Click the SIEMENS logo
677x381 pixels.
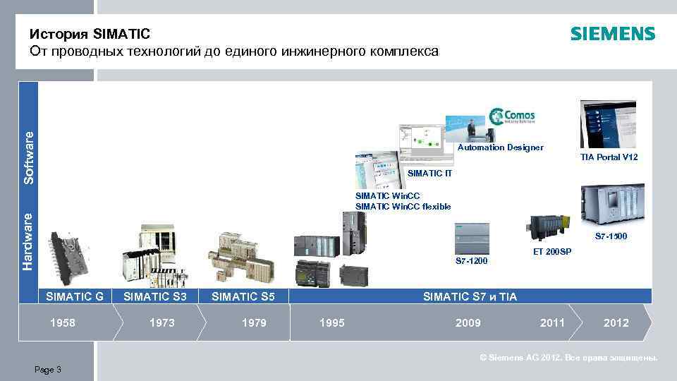click(x=612, y=34)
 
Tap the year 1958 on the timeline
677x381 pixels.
click(x=61, y=322)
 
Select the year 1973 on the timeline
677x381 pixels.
click(x=162, y=322)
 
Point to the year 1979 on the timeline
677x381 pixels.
click(x=254, y=322)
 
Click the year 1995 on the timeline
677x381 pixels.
click(x=332, y=322)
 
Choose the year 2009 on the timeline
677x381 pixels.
click(x=468, y=322)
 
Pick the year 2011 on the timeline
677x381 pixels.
click(x=552, y=322)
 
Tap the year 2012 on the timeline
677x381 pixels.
click(x=616, y=322)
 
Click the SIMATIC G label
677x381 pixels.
click(x=75, y=296)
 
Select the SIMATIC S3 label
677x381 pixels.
click(x=155, y=296)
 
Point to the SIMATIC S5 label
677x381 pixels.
click(x=243, y=296)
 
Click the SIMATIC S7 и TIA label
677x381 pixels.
click(x=470, y=297)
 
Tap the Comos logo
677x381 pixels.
click(x=513, y=116)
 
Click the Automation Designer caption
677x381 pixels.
click(x=500, y=147)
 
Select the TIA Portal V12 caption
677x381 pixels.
click(x=609, y=157)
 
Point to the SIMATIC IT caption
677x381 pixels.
click(x=429, y=174)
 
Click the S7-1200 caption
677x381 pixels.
click(x=471, y=261)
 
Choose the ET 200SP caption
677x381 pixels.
click(x=552, y=252)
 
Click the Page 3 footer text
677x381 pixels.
click(x=47, y=370)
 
